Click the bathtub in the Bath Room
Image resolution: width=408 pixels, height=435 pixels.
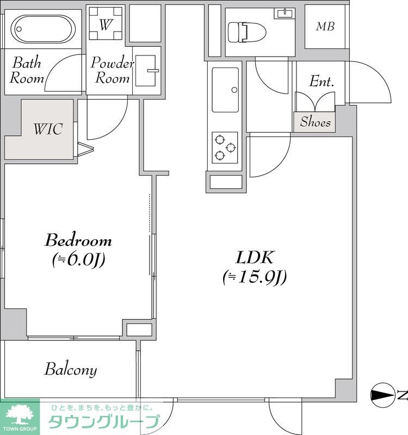[43, 29]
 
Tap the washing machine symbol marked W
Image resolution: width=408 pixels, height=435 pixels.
[106, 23]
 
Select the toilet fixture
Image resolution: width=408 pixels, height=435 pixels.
[247, 32]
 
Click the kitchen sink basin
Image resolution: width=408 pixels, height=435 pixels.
[225, 90]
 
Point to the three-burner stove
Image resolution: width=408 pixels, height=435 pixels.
[225, 147]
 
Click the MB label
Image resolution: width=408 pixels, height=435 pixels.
[325, 26]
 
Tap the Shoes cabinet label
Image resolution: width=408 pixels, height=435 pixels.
[316, 122]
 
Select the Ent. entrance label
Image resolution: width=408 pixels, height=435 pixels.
[322, 81]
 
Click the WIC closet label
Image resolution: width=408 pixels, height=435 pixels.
[48, 129]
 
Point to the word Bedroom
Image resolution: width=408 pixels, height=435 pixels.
[78, 240]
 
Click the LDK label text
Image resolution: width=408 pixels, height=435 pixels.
[255, 257]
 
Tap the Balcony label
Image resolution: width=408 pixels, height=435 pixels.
[71, 370]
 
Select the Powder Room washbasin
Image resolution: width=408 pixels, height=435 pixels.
[145, 71]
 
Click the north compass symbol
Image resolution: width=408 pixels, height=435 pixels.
[383, 395]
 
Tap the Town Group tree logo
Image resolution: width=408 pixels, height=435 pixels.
[20, 415]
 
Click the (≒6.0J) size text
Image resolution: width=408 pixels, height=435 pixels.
[79, 260]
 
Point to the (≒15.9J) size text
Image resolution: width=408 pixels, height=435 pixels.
[255, 277]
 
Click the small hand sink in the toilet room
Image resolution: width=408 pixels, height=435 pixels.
[285, 13]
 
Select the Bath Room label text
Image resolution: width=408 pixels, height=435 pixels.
[27, 70]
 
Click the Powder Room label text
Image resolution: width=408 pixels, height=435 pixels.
[112, 70]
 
